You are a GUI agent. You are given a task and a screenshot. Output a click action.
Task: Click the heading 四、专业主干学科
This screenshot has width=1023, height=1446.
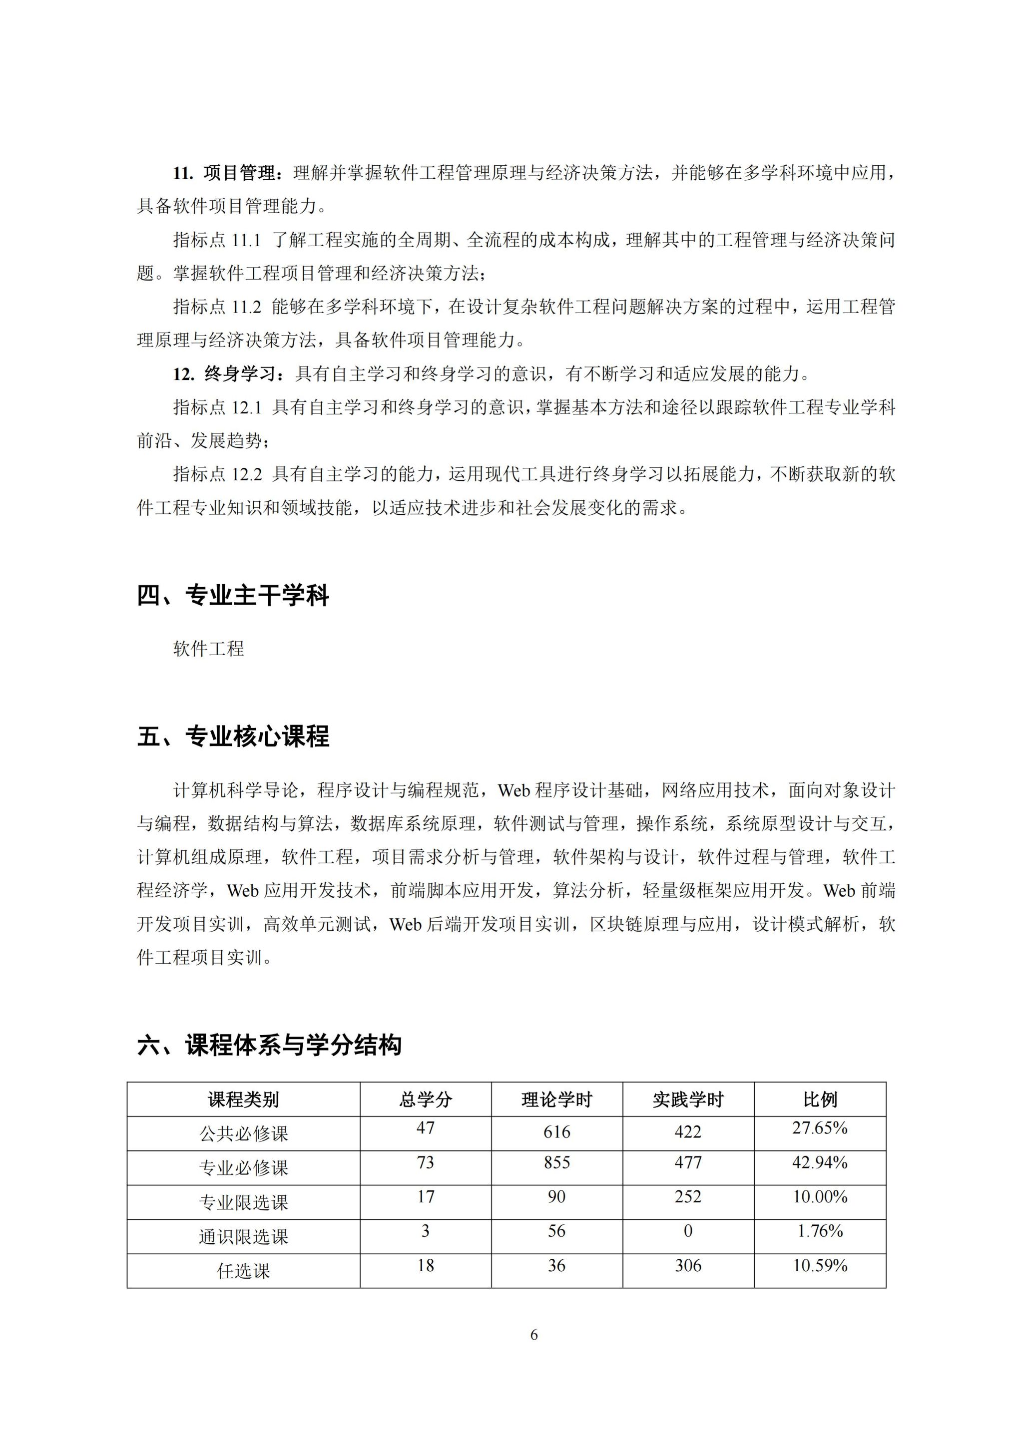click(233, 596)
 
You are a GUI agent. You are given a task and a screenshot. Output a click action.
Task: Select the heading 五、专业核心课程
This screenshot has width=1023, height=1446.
click(233, 736)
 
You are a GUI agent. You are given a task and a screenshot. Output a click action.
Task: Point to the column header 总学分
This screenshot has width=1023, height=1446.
click(425, 1099)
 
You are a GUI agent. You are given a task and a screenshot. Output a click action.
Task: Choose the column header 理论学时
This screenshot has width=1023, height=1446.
click(557, 1099)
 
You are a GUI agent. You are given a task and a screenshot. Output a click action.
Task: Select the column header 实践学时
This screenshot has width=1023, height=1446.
click(688, 1099)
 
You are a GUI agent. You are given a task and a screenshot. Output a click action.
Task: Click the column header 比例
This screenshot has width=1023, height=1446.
click(820, 1099)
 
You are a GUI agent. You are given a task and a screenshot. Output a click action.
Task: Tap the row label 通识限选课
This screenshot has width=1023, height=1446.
click(243, 1237)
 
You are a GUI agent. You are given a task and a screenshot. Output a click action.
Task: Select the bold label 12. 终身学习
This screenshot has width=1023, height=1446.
click(225, 374)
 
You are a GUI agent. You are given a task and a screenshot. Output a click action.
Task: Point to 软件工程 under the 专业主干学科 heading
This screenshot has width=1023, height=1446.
click(208, 649)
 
